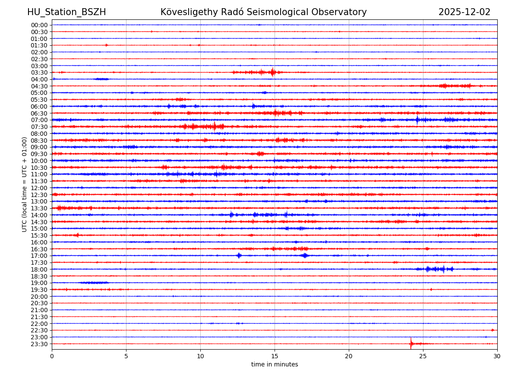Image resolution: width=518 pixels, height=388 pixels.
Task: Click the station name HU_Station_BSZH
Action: click(x=66, y=12)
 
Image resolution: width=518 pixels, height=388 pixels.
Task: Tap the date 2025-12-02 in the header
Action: click(x=464, y=12)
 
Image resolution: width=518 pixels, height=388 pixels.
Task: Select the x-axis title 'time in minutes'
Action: click(x=275, y=364)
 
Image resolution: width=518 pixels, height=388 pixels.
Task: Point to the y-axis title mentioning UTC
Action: click(x=25, y=184)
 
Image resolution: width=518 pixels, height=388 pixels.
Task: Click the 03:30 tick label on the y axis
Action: click(x=39, y=72)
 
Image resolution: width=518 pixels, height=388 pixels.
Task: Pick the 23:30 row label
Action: click(x=39, y=344)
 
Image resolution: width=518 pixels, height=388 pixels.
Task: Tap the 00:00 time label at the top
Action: click(x=39, y=25)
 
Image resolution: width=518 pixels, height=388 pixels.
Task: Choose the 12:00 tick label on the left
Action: click(x=39, y=188)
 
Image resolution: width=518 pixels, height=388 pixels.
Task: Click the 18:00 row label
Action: click(x=39, y=269)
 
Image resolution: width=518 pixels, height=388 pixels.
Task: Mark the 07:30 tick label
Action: click(x=39, y=127)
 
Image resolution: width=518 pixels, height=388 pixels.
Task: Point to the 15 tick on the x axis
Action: click(x=275, y=356)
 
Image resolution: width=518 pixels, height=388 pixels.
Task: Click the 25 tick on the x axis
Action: click(x=423, y=356)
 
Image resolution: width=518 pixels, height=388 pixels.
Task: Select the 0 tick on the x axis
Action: click(x=52, y=356)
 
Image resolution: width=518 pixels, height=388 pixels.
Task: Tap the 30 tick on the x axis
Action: click(x=497, y=356)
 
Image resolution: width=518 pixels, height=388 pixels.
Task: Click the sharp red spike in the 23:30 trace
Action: click(x=411, y=343)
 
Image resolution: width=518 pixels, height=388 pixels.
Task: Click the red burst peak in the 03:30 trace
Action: click(x=272, y=72)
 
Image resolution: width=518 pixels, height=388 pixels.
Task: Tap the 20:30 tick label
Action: click(x=39, y=304)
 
